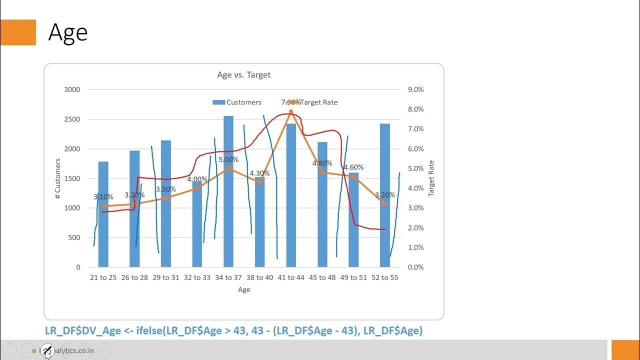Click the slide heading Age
tap(68, 33)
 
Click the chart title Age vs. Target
tap(243, 75)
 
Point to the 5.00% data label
tap(228, 160)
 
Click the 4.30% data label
tap(259, 173)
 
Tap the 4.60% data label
tap(353, 167)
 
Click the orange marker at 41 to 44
tap(291, 111)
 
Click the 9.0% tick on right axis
tap(415, 89)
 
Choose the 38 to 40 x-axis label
tap(259, 277)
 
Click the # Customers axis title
tap(58, 178)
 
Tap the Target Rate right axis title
tap(431, 178)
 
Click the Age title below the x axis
tap(244, 289)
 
